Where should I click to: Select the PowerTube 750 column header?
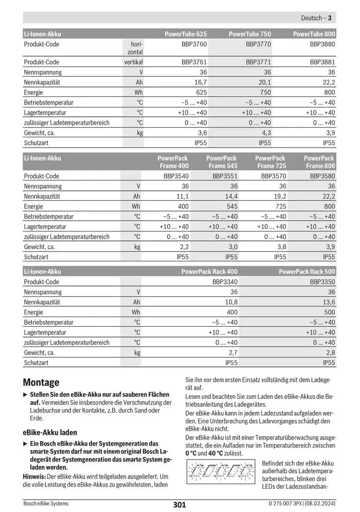(x=249, y=34)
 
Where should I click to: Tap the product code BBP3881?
(x=322, y=62)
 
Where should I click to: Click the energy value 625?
(x=201, y=93)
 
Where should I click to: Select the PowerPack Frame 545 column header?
(x=222, y=162)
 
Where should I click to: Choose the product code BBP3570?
(x=274, y=176)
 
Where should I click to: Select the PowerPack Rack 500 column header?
(x=307, y=271)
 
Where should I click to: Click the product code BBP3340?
(x=225, y=282)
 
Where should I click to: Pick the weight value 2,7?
(x=232, y=352)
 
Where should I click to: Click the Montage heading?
(x=41, y=382)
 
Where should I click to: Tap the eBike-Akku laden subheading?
(x=50, y=433)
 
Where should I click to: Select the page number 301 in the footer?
(x=179, y=505)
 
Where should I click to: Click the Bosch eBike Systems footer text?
(x=46, y=503)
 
